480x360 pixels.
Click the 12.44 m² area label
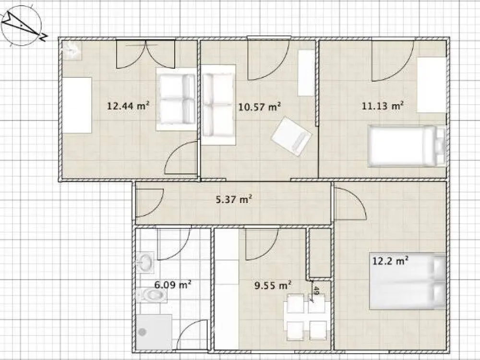[128, 106]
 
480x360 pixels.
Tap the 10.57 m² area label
[260, 107]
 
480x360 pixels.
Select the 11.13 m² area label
[383, 106]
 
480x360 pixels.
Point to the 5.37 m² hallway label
[234, 200]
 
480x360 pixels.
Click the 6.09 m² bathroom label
[173, 285]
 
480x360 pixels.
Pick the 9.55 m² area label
[273, 285]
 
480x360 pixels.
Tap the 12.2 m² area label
[390, 261]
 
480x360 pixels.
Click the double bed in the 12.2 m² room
[408, 281]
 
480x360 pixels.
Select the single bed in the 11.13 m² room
[407, 146]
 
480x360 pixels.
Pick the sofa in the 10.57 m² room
[218, 105]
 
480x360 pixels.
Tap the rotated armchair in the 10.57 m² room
[291, 136]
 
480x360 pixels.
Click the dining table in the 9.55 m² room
[306, 316]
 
